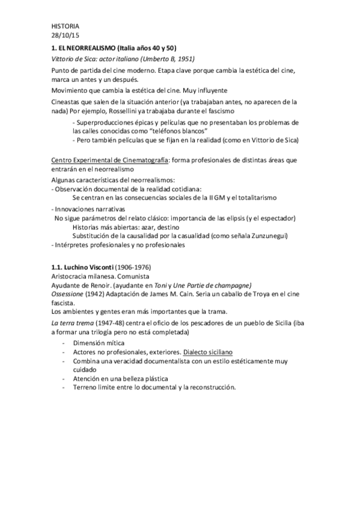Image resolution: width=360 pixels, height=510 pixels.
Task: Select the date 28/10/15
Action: point(61,35)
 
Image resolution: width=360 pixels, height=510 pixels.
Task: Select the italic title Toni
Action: point(175,284)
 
